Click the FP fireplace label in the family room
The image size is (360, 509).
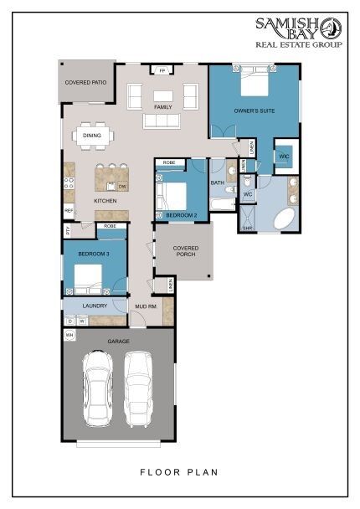162,70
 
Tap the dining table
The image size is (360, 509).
91,134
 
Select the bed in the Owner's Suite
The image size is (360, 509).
253,84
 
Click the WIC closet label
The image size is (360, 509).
283,156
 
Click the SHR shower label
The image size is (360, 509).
247,228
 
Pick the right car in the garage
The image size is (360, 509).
139,388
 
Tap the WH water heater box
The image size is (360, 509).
69,336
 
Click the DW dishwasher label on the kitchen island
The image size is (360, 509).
122,186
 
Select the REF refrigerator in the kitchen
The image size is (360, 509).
69,209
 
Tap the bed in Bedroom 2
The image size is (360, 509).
176,194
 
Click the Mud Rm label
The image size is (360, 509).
145,307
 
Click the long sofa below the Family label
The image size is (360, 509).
162,121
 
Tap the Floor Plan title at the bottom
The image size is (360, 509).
179,472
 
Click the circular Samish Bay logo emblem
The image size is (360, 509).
331,28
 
